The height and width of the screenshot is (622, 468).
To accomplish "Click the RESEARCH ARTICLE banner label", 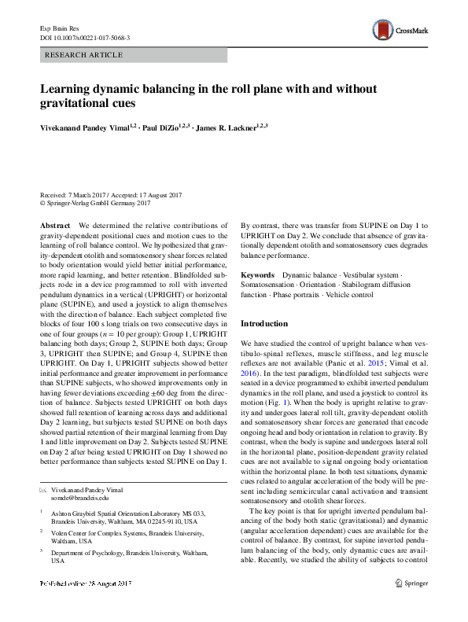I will coord(85,55).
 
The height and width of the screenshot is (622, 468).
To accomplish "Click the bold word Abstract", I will coord(54,226).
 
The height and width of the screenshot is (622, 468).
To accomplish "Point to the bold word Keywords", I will coord(258,274).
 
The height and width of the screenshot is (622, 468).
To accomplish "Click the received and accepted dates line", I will coord(111,195).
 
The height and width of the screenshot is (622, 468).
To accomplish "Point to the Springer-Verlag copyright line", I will coord(95,204).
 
